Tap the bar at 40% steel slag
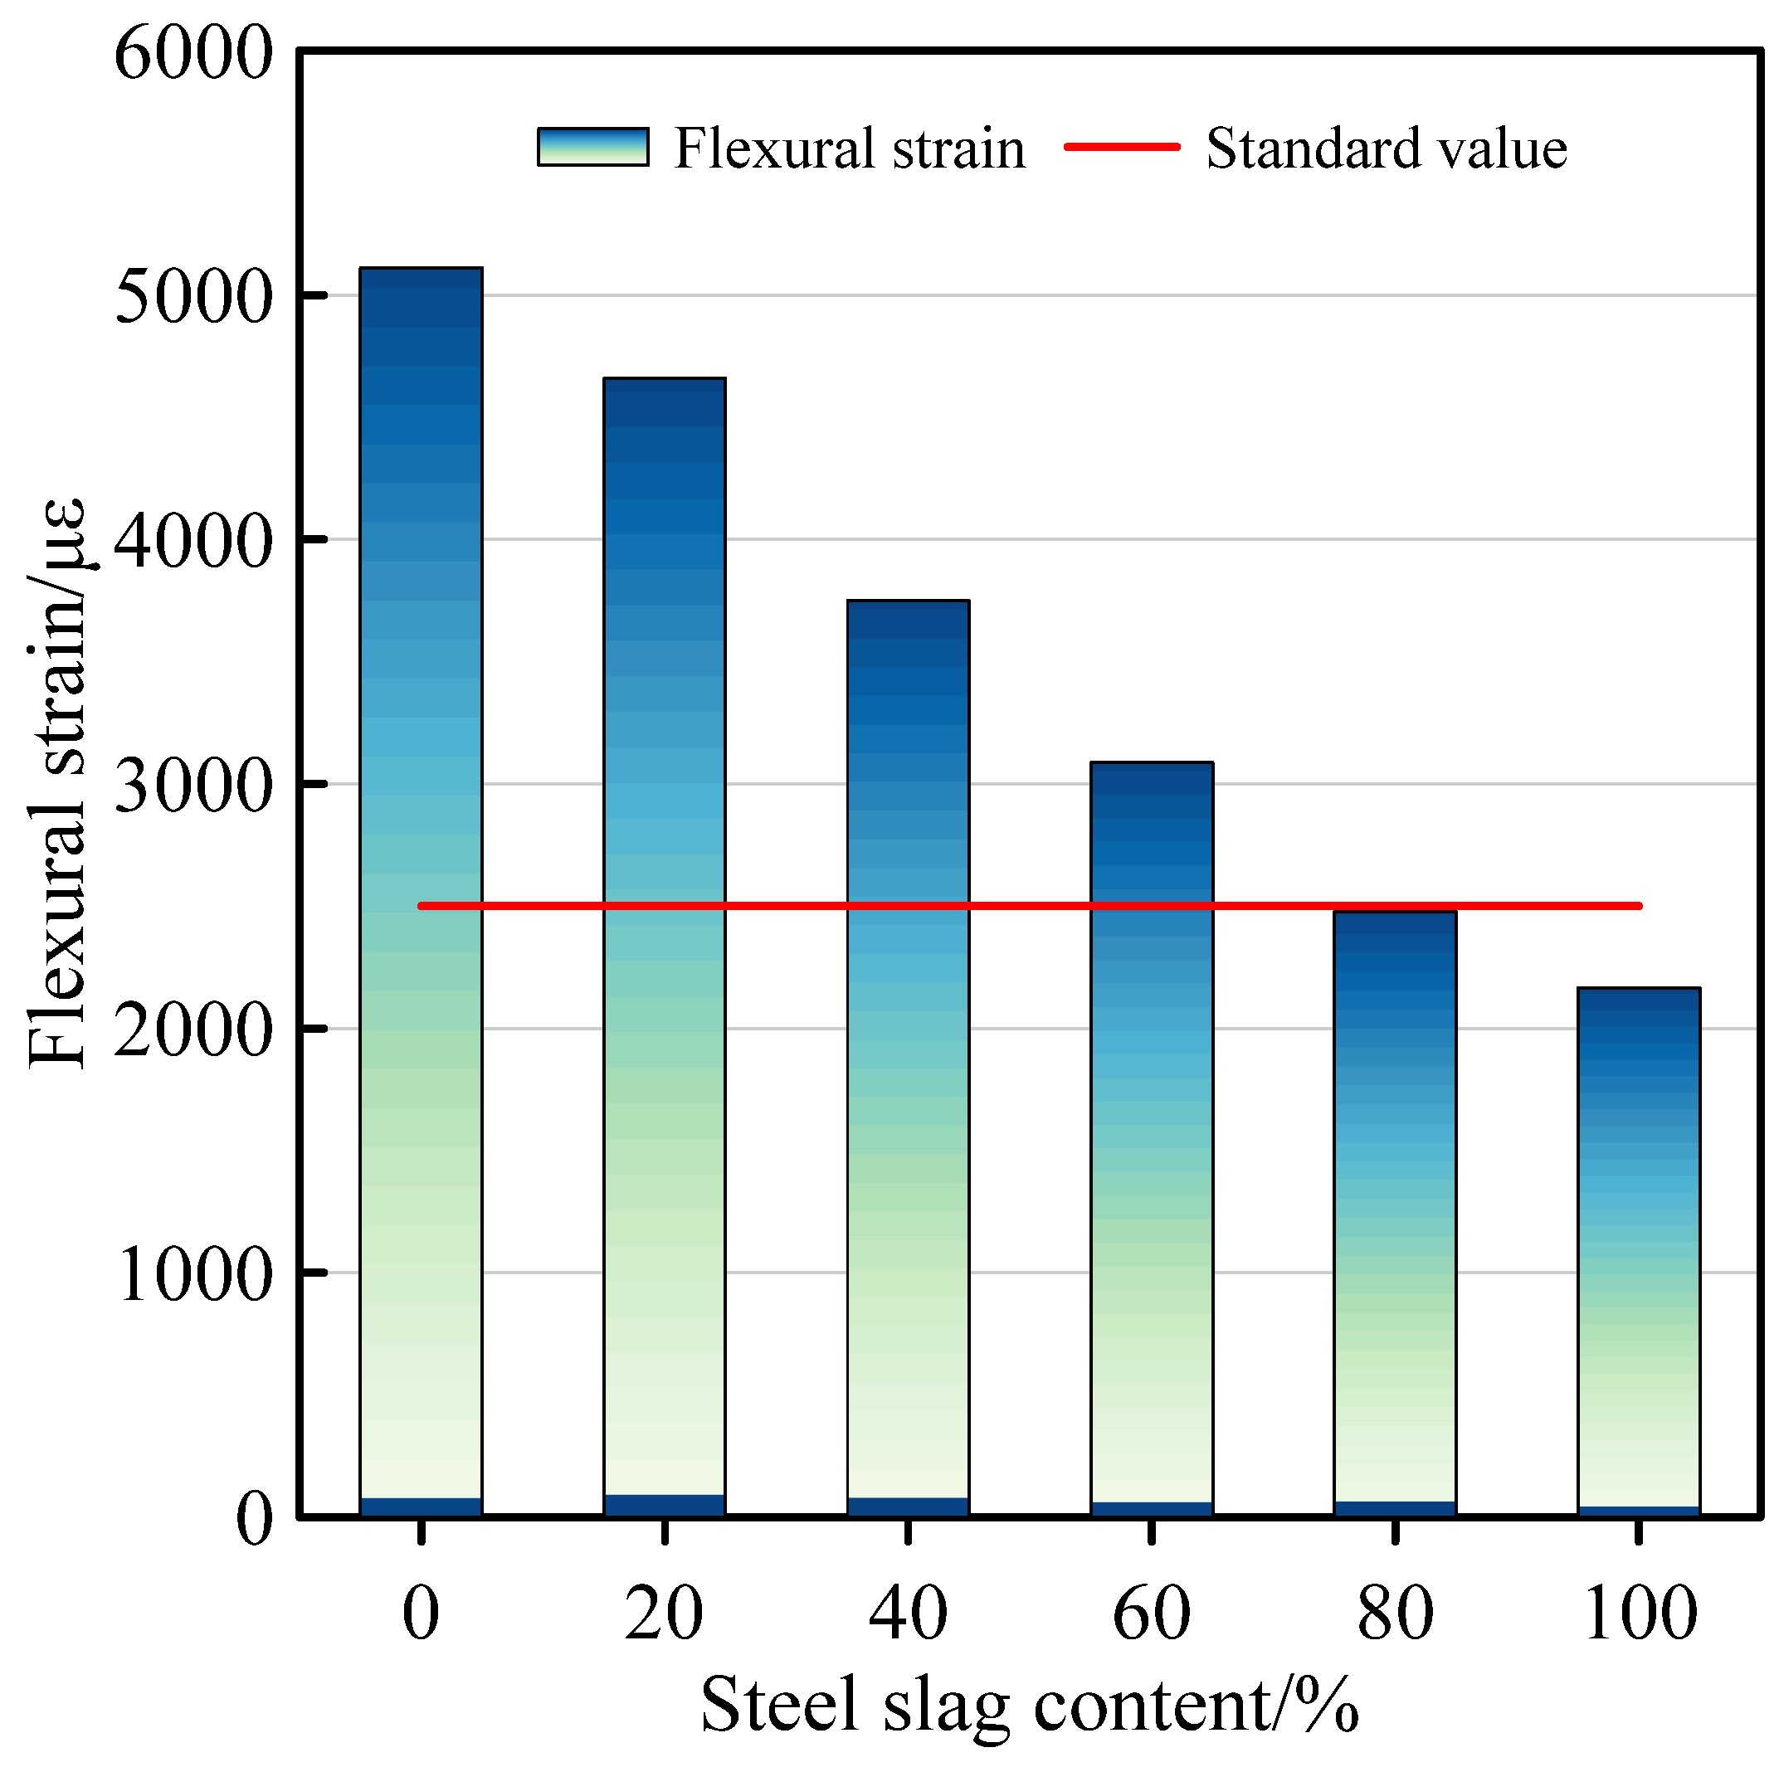click(x=908, y=1058)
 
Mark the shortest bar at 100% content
click(x=1638, y=1253)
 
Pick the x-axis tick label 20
click(x=664, y=1614)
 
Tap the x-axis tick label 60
click(x=1151, y=1614)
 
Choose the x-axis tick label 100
click(x=1639, y=1614)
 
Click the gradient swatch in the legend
click(x=593, y=146)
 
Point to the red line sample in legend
click(x=1122, y=146)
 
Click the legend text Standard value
click(x=1386, y=148)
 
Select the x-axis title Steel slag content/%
click(x=1029, y=1706)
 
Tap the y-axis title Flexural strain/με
click(x=57, y=782)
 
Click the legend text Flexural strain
click(x=849, y=148)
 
